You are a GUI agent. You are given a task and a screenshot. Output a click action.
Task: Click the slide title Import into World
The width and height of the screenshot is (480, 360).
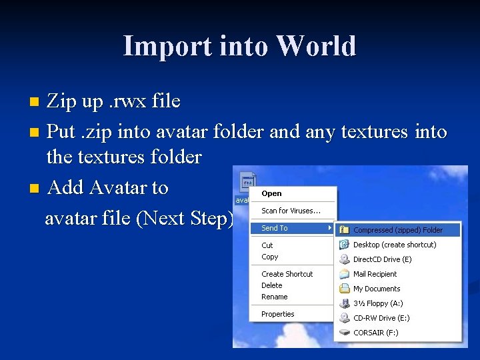(239, 47)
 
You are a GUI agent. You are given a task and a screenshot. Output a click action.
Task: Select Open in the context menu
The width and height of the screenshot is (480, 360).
(271, 193)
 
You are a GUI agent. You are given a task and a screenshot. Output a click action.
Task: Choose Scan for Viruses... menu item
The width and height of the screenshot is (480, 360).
(291, 211)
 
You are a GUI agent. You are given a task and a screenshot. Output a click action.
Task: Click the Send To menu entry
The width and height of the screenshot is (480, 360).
(275, 228)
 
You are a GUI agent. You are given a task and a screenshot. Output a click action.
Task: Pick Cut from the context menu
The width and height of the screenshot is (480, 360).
(267, 245)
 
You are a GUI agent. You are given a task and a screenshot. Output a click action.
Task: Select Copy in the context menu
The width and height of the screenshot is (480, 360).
(270, 257)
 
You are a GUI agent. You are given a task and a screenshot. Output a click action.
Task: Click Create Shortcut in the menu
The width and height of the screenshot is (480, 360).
(287, 274)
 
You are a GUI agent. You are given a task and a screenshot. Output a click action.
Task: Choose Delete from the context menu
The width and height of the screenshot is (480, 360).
(272, 285)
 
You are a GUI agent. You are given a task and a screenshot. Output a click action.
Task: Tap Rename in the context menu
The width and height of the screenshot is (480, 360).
(275, 297)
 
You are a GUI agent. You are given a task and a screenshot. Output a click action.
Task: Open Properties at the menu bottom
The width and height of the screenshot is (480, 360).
(278, 314)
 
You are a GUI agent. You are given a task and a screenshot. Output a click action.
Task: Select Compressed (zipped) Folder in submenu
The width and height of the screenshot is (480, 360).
(397, 230)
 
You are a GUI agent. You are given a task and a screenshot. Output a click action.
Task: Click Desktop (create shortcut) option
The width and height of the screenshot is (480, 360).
(395, 245)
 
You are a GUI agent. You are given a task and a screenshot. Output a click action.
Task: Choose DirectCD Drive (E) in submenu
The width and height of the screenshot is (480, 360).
(382, 259)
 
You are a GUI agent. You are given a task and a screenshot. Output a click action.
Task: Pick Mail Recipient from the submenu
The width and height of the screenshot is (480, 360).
(375, 274)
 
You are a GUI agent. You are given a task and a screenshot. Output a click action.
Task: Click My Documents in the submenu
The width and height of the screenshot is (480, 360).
(377, 289)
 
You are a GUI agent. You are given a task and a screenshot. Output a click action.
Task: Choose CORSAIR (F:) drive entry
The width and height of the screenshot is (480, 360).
(375, 333)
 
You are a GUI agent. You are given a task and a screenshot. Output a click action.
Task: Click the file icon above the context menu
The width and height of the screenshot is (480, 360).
(247, 181)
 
